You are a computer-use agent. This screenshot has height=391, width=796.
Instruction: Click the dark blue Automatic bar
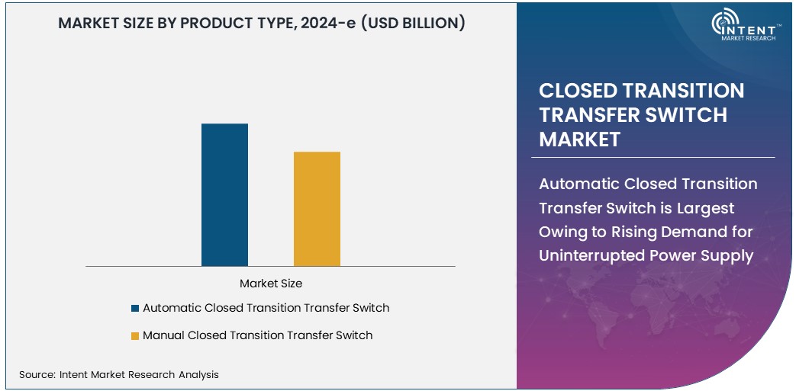tap(224, 194)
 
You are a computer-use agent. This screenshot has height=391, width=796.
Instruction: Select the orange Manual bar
tap(317, 209)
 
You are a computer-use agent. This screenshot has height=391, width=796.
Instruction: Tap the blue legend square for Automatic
tap(135, 309)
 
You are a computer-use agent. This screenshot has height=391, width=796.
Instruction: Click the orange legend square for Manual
tap(135, 335)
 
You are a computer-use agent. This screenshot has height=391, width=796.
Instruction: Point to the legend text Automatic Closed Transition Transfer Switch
tap(266, 308)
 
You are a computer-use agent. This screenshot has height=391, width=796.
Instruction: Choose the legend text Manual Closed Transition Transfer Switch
tap(257, 335)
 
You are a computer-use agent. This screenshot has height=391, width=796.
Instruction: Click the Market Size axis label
tap(271, 284)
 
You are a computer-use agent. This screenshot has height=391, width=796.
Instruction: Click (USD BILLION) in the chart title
tap(413, 23)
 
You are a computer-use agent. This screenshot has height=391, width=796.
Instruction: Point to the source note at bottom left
tap(118, 374)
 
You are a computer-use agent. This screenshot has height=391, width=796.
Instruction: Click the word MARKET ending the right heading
tap(579, 139)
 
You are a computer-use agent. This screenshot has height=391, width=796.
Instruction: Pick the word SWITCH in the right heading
tap(686, 115)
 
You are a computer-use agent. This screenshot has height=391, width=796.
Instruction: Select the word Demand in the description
tap(682, 232)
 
